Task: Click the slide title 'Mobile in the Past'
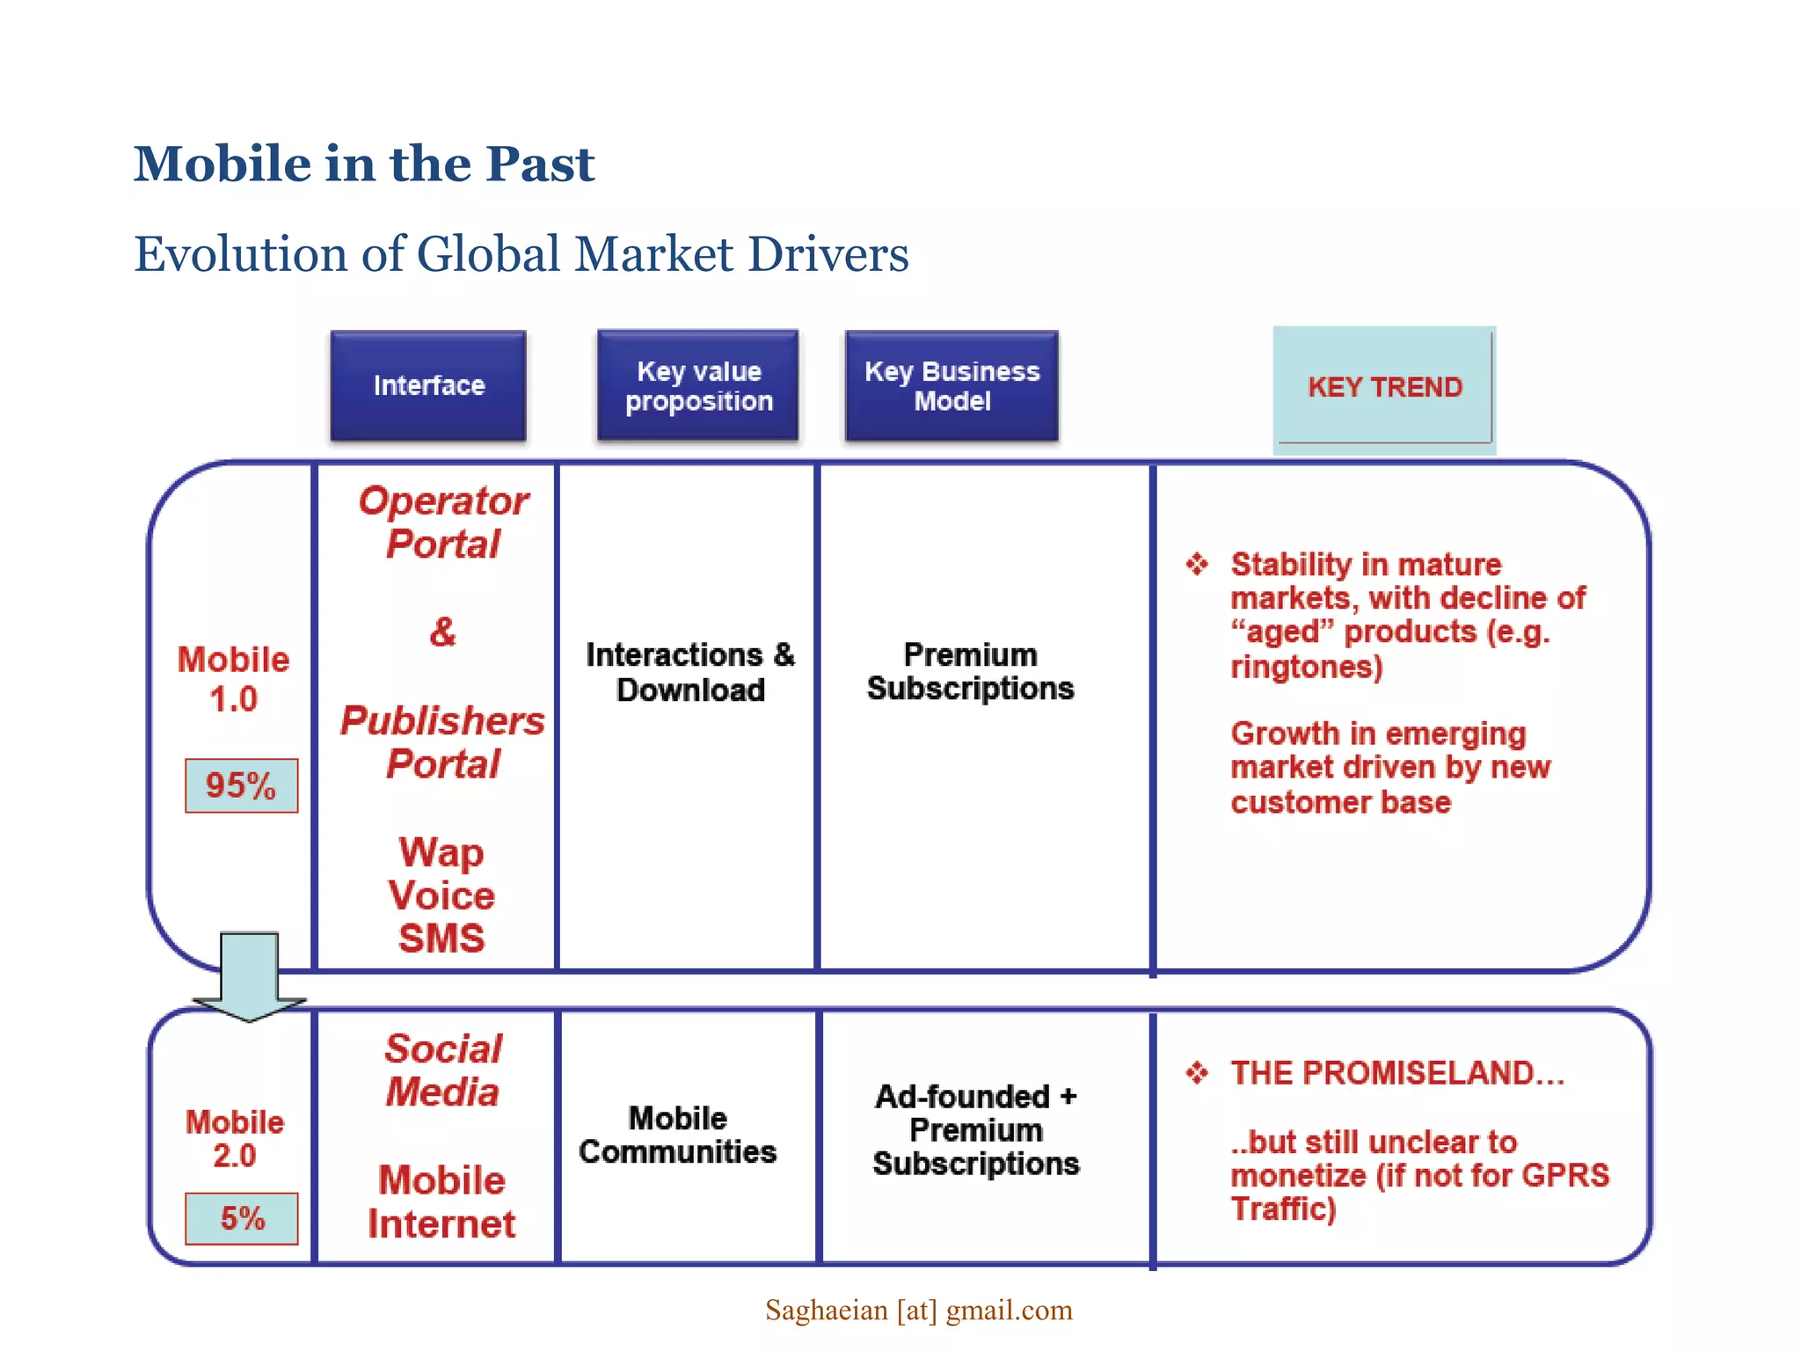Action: (364, 164)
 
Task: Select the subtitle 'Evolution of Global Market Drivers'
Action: (521, 254)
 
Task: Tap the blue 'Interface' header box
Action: (428, 385)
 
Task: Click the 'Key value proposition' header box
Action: (698, 385)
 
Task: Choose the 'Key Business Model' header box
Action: (952, 385)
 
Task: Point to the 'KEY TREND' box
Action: (1384, 388)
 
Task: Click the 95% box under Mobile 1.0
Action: (241, 785)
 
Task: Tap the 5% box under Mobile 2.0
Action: (242, 1218)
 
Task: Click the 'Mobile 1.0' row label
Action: (234, 679)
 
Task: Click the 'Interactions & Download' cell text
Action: (690, 672)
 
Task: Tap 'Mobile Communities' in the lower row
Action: (678, 1135)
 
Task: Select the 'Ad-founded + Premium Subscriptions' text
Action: (975, 1130)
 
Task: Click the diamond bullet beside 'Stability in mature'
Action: (1197, 564)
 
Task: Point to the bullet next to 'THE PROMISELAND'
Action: (1197, 1072)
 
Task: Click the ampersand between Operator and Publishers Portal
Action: (443, 632)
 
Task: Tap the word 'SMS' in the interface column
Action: (441, 938)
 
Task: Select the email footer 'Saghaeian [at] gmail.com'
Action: (919, 1311)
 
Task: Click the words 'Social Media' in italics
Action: (443, 1070)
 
